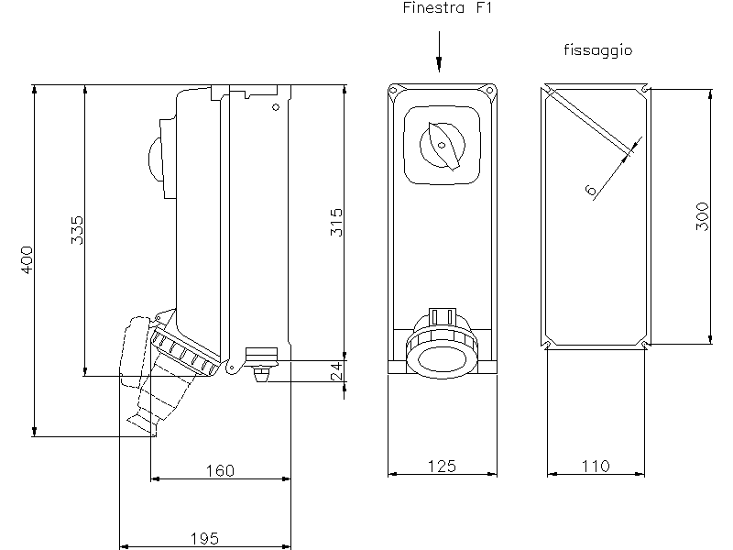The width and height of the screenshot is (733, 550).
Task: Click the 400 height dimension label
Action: [27, 259]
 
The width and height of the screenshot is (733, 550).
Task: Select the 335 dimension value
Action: [77, 230]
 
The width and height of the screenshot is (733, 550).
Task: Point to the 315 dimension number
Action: [336, 223]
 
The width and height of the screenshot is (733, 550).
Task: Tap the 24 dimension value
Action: [336, 371]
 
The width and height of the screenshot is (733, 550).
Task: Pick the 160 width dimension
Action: [220, 470]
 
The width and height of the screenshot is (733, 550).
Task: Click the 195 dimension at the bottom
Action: [204, 538]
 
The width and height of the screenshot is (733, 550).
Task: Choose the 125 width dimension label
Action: [442, 467]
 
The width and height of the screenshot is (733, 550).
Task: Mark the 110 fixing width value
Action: [596, 467]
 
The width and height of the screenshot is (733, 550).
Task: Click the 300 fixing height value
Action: [702, 216]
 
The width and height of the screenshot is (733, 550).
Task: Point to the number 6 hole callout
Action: [591, 190]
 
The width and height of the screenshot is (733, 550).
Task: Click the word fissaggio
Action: [598, 50]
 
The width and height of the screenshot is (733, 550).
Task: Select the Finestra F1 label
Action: [447, 7]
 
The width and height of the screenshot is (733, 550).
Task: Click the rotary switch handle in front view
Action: [445, 146]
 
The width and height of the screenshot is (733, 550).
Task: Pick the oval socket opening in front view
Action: [442, 360]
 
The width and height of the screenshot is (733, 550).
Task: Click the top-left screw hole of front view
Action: [393, 90]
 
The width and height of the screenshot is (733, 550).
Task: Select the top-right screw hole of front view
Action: [489, 90]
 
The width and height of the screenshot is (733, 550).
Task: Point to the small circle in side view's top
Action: [276, 107]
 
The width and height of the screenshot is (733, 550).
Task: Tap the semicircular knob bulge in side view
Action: [155, 159]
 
